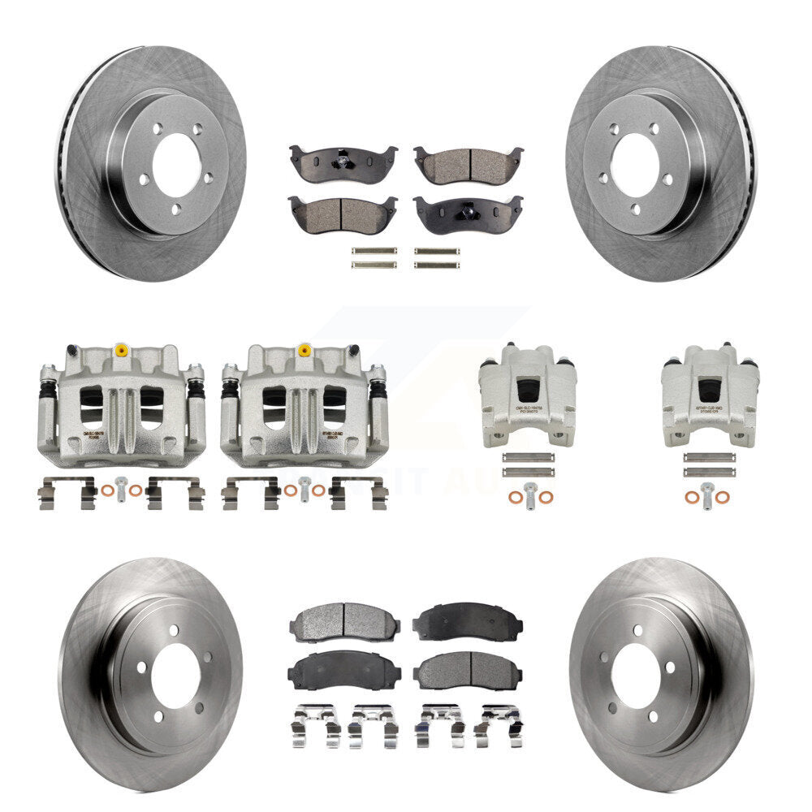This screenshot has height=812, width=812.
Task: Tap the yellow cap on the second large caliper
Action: click(304, 351)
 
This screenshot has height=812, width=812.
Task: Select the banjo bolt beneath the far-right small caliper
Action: click(709, 493)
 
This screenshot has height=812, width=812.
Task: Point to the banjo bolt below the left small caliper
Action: click(529, 493)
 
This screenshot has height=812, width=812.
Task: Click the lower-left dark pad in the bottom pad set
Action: click(342, 671)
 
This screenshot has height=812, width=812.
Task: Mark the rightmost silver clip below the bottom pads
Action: click(499, 723)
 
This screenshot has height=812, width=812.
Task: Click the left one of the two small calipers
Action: click(529, 395)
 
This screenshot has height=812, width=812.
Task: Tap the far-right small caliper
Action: click(710, 395)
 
